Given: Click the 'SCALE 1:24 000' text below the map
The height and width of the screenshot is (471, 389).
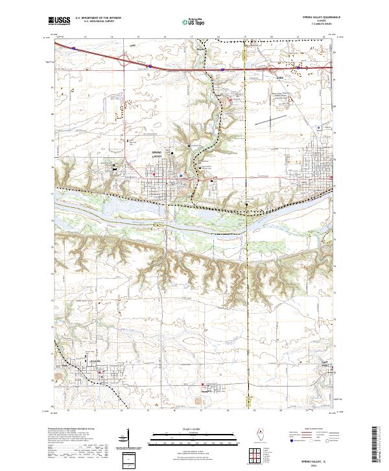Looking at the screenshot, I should point(194,429).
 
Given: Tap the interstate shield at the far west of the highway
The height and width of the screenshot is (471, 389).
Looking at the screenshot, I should point(75,47).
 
